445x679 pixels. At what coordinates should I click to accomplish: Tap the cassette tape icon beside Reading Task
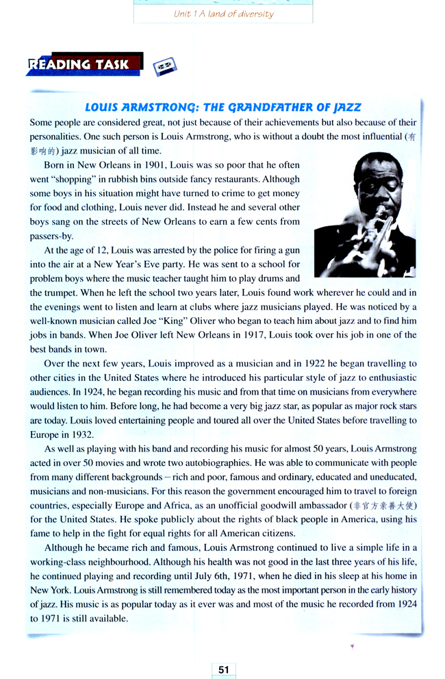[x=164, y=66]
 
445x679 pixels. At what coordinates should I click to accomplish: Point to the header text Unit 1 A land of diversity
[x=223, y=14]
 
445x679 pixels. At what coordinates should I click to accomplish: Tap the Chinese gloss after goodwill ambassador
[x=384, y=506]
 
